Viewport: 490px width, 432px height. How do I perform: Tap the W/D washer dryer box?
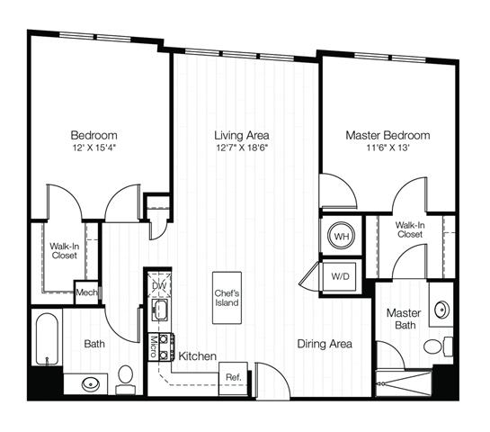(340, 276)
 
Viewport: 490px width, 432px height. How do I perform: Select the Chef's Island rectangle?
(227, 298)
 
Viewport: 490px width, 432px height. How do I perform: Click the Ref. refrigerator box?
(234, 378)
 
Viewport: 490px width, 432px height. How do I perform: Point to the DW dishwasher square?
(160, 284)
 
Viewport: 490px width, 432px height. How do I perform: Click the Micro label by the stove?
(154, 346)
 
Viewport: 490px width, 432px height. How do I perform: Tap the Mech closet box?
(86, 292)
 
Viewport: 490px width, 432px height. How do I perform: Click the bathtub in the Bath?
(47, 338)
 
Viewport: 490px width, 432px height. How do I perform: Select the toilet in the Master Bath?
(438, 346)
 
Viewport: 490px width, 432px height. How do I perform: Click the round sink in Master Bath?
(441, 310)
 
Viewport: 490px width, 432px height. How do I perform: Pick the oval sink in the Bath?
(91, 383)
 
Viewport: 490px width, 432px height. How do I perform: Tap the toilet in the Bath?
(125, 379)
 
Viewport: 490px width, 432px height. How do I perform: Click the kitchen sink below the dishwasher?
(160, 310)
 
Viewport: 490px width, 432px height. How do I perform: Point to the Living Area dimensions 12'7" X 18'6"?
(242, 148)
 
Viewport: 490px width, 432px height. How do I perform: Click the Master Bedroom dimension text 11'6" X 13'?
(388, 148)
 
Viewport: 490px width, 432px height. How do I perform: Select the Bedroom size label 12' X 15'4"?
(94, 148)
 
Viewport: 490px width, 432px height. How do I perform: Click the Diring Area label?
(325, 344)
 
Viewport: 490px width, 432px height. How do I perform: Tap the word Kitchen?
(197, 356)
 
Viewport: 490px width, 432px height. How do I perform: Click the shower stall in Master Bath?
(404, 383)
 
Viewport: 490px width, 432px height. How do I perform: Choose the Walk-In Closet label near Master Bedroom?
(410, 229)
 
